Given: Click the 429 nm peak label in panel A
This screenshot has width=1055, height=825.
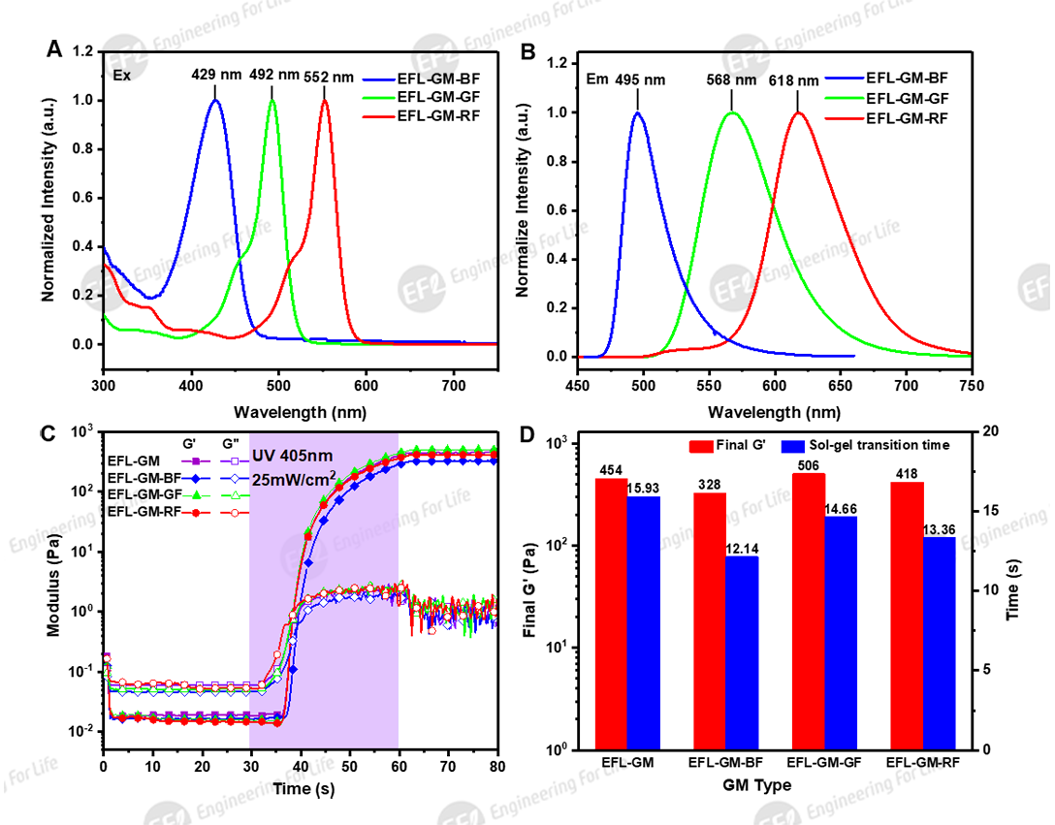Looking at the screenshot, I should click(x=216, y=75).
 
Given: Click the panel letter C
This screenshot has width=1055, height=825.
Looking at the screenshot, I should click(x=43, y=434).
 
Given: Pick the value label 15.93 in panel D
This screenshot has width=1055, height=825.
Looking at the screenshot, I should click(x=644, y=487).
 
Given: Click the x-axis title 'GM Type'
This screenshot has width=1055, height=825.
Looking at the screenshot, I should click(x=757, y=786).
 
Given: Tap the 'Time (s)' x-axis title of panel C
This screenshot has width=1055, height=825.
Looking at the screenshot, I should click(x=300, y=789).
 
